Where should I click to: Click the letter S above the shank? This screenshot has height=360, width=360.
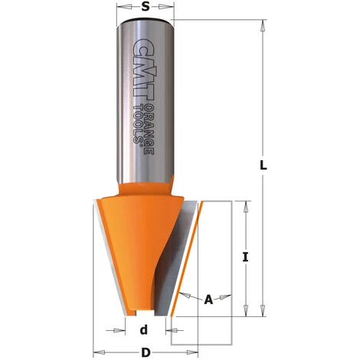(146, 8)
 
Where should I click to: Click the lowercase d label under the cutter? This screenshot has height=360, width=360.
(142, 330)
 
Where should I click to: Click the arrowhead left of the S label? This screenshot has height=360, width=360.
(123, 9)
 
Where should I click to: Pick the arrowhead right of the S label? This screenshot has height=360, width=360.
(167, 9)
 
